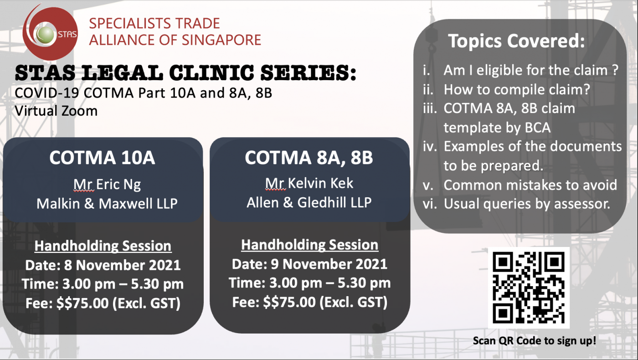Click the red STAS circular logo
pyautogui.click(x=50, y=33)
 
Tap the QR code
pyautogui.click(x=529, y=288)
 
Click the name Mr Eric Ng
pyautogui.click(x=107, y=185)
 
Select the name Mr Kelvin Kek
pyautogui.click(x=309, y=183)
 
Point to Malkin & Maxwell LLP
pyautogui.click(x=107, y=204)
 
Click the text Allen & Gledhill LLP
pyautogui.click(x=309, y=202)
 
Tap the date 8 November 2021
pyautogui.click(x=123, y=265)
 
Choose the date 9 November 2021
pyautogui.click(x=329, y=264)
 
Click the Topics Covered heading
pyautogui.click(x=516, y=41)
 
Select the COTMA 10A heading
pyautogui.click(x=102, y=158)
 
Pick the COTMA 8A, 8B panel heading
pyautogui.click(x=309, y=158)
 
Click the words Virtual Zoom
pyautogui.click(x=56, y=111)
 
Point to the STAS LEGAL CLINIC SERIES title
pyautogui.click(x=186, y=72)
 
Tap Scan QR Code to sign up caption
pyautogui.click(x=534, y=341)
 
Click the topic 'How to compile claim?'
pyautogui.click(x=517, y=90)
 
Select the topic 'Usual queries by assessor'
pyautogui.click(x=527, y=204)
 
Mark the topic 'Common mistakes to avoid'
pyautogui.click(x=530, y=185)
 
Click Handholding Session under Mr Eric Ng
pyautogui.click(x=103, y=246)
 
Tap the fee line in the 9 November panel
pyautogui.click(x=309, y=302)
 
